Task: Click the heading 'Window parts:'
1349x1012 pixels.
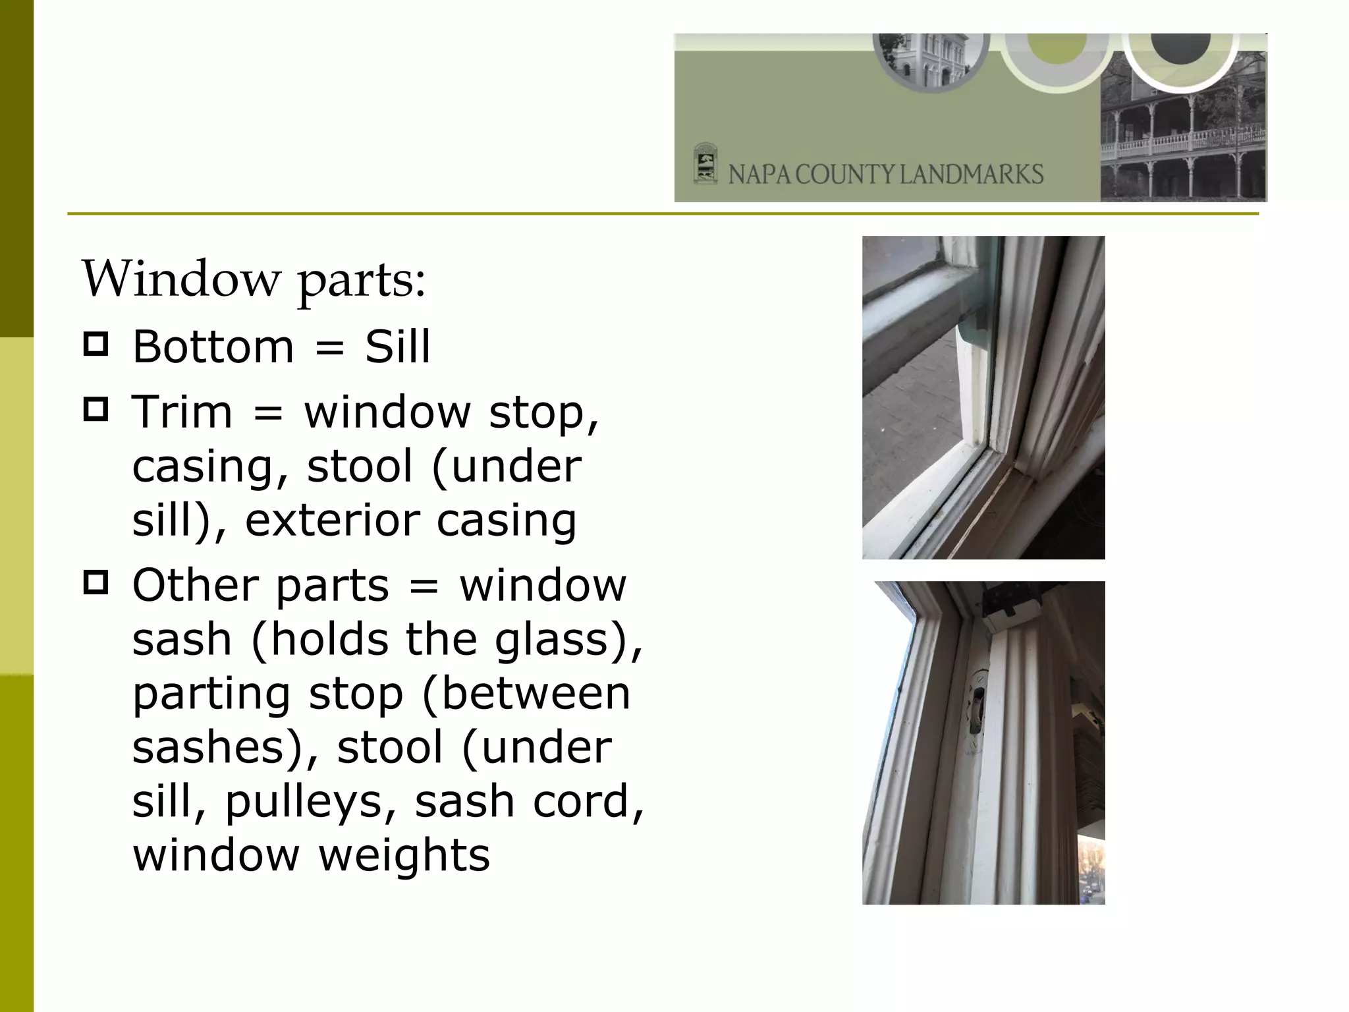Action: click(254, 279)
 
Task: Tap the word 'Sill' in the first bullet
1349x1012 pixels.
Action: click(397, 347)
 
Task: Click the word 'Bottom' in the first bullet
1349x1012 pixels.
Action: click(213, 347)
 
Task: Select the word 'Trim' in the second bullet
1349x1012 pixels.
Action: click(182, 412)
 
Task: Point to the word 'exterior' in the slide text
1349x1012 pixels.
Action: click(332, 520)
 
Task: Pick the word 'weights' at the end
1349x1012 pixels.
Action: click(404, 855)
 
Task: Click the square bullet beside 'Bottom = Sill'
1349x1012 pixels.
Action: click(96, 345)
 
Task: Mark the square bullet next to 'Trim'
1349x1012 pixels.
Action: click(96, 410)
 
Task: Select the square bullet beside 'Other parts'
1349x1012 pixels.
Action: click(96, 583)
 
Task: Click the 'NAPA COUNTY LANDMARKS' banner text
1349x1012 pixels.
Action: click(885, 175)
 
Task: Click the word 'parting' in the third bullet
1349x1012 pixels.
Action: click(211, 694)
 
